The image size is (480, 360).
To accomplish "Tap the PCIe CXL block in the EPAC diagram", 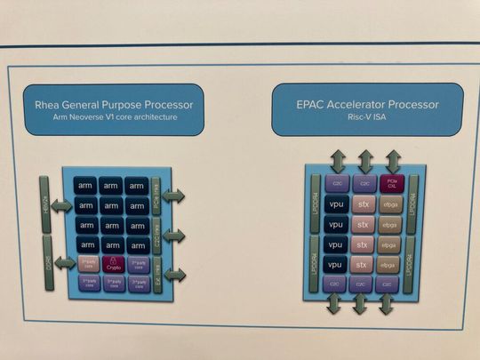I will pos(391,183).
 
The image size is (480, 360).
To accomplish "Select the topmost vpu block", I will pos(336,204).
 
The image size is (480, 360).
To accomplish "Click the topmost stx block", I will pos(363,204).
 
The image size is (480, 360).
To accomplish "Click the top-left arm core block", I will pos(85,185).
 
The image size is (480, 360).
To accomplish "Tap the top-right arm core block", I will pos(136,185).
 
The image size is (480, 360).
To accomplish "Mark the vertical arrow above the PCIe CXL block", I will pos(391,162).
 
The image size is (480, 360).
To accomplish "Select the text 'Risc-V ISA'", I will pos(367,117).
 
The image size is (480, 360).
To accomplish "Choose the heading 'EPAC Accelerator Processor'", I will pos(367,103).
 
